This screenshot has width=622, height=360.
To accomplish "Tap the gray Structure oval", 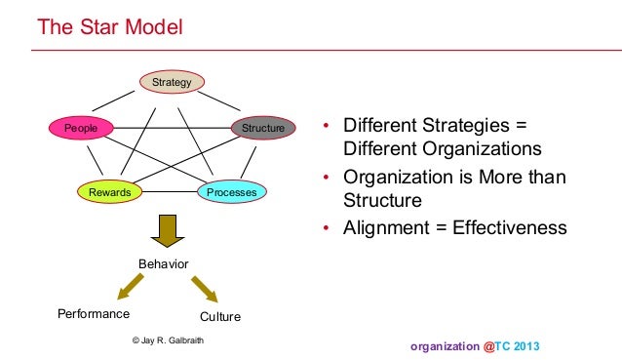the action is click(261, 128).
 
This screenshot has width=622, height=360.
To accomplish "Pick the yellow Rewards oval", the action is click(110, 192).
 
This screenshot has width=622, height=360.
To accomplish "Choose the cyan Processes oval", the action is click(232, 192).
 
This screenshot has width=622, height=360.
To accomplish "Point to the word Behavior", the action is click(163, 264).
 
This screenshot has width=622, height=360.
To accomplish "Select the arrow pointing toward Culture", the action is click(204, 289).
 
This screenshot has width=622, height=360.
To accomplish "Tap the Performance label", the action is click(94, 314).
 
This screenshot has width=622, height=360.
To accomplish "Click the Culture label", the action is click(219, 317).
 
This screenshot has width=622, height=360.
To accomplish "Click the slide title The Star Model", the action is click(108, 26).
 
